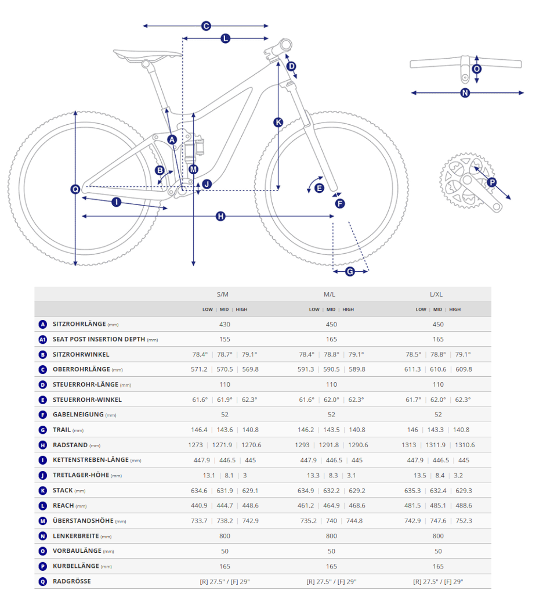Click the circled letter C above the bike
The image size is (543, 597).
[205, 26]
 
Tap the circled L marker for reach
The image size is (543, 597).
[226, 38]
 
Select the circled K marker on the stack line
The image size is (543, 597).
[278, 122]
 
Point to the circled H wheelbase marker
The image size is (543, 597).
[220, 216]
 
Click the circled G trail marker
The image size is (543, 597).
[350, 271]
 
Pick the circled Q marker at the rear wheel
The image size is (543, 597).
[75, 189]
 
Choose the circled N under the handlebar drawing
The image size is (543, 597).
[465, 92]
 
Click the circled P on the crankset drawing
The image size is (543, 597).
[492, 182]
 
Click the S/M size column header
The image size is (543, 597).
[223, 294]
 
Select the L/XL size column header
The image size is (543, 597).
[436, 294]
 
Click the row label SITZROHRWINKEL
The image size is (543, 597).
[81, 354]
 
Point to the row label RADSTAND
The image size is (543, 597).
[70, 445]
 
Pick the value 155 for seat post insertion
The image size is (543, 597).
[225, 339]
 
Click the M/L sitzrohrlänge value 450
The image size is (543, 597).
[331, 324]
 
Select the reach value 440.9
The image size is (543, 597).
[199, 505]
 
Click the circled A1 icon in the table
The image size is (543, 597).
[42, 339]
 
